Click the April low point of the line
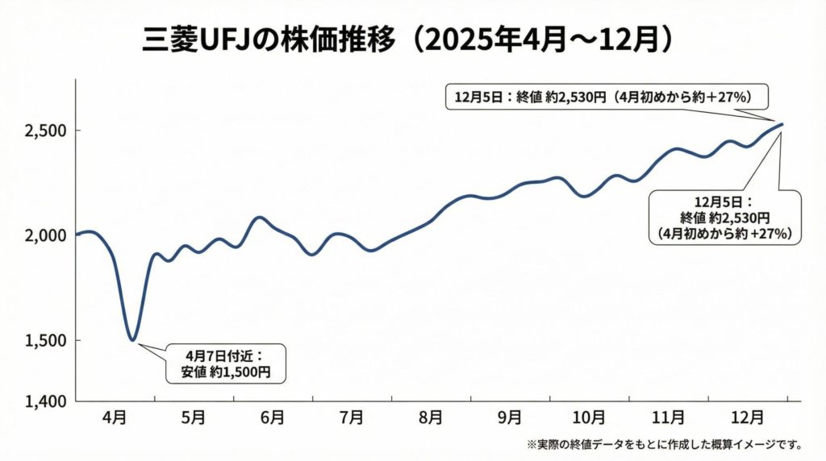[x=132, y=340]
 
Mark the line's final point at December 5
[x=782, y=124]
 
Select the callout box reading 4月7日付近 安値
[x=225, y=363]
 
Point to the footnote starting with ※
[x=663, y=444]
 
